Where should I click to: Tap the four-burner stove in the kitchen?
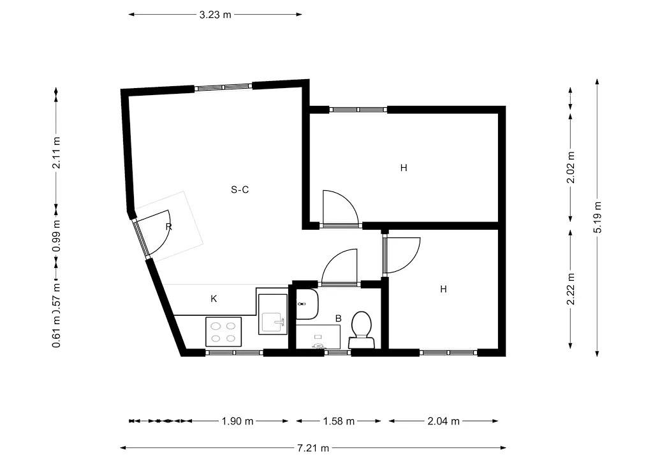tap(223, 331)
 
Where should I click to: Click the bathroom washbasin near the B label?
tap(307, 304)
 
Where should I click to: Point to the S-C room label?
tap(240, 189)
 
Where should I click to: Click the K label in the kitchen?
tap(214, 298)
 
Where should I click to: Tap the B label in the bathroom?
tap(339, 318)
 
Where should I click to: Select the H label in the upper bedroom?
tap(404, 168)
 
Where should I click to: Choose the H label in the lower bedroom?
tap(443, 289)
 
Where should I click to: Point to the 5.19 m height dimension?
tap(598, 218)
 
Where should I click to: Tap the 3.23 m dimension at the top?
tap(215, 14)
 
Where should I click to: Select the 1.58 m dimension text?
tap(339, 421)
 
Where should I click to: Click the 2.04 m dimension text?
tap(443, 421)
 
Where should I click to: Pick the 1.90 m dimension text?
tap(237, 421)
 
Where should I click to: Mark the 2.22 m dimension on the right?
tap(571, 289)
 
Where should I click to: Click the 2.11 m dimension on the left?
tap(57, 153)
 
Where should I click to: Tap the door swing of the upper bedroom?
tap(339, 207)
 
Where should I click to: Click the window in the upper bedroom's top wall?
tap(358, 110)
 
